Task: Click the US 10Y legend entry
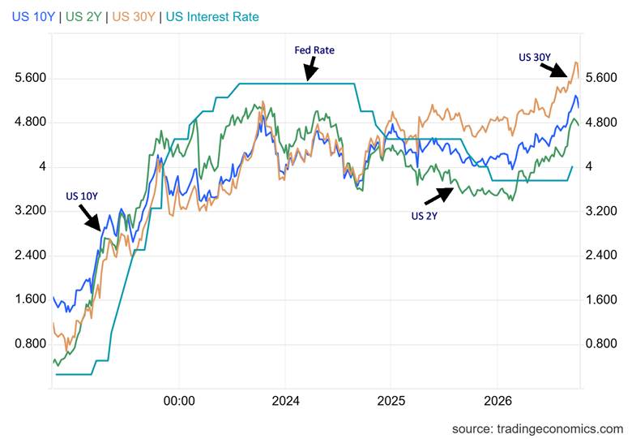[32, 17]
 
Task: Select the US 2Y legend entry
[83, 17]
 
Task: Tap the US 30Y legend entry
[134, 17]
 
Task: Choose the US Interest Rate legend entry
[212, 17]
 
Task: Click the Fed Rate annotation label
[314, 50]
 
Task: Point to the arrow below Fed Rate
[311, 69]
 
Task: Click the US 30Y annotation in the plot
[535, 58]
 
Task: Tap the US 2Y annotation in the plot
[424, 216]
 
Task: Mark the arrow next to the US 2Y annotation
[439, 196]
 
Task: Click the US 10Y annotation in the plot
[82, 196]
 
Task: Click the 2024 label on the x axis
[285, 401]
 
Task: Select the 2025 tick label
[391, 401]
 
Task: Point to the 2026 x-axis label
[497, 401]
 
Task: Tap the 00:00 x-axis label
[179, 401]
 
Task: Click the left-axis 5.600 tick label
[31, 77]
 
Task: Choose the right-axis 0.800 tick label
[601, 343]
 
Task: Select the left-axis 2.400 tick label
[31, 255]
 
